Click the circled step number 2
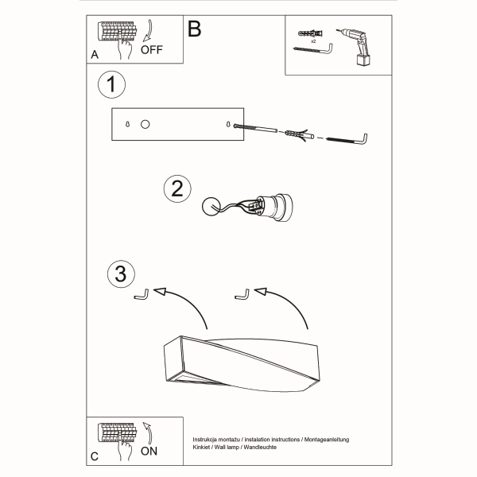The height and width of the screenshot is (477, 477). (177, 188)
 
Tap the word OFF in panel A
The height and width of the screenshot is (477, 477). (152, 49)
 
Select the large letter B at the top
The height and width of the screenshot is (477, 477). (194, 29)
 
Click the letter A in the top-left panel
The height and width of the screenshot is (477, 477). (95, 55)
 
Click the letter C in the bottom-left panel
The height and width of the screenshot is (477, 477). (95, 456)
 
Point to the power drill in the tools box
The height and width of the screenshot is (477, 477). (358, 43)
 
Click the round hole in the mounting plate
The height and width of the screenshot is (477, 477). (145, 125)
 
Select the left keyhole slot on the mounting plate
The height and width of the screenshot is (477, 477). (128, 125)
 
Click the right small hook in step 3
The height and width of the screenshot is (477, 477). (242, 296)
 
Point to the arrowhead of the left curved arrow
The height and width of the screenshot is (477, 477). (161, 293)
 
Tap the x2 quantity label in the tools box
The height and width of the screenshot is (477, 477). (313, 41)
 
